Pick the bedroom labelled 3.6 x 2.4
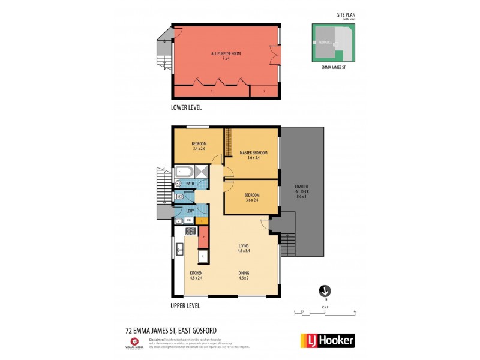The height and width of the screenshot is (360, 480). coord(251,198)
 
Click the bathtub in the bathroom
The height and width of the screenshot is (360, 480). coord(186,172)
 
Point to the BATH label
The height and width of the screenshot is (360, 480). coord(190,184)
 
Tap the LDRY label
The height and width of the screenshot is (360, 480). coord(190,211)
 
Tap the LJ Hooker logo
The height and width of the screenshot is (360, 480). coord(326,340)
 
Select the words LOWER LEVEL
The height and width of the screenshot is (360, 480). coord(186,107)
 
